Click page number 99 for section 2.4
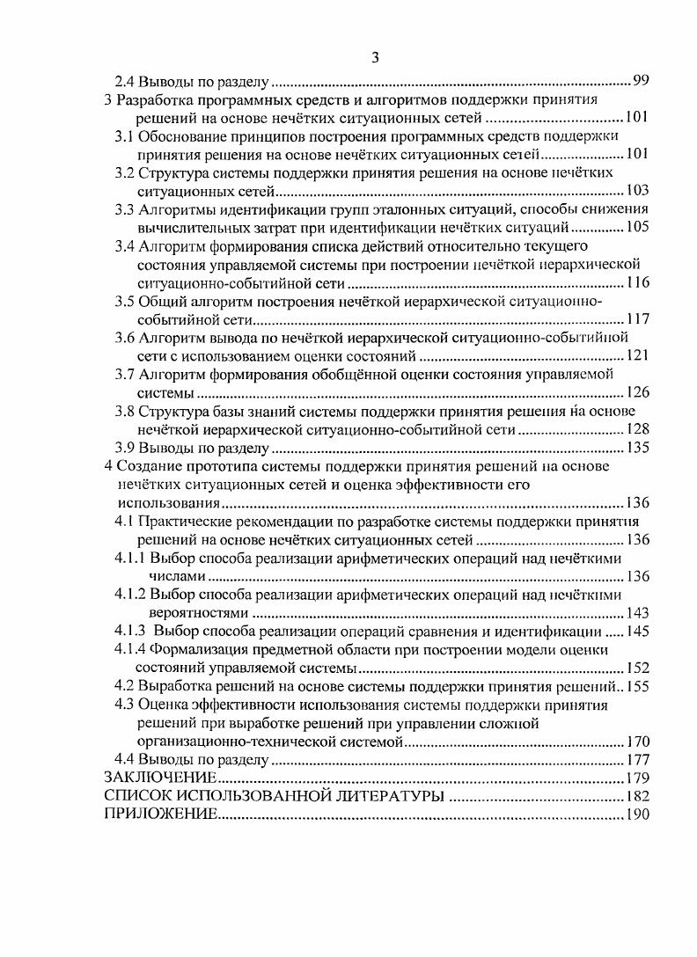[x=641, y=82]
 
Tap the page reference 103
[x=636, y=190]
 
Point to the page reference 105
[x=636, y=227]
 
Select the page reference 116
[x=636, y=282]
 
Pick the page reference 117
[x=636, y=319]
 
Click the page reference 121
[x=636, y=355]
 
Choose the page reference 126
[x=636, y=392]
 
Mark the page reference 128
[x=636, y=429]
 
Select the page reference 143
[x=636, y=613]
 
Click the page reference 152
[x=636, y=668]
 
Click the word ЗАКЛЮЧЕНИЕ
[x=160, y=778]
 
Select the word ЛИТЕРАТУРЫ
[x=375, y=796]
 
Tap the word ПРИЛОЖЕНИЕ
[x=160, y=815]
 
